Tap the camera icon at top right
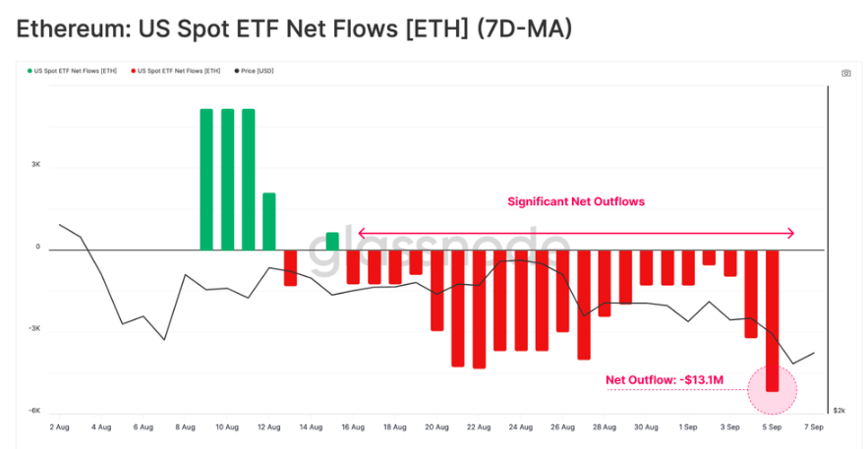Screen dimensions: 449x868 846,74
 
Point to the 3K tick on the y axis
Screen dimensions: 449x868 34,165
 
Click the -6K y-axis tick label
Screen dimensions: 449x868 33,411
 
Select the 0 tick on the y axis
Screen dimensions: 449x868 37,248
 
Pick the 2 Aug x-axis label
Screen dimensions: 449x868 59,427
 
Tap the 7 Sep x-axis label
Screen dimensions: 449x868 814,427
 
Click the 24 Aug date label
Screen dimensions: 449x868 521,427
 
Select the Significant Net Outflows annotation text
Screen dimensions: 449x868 575,202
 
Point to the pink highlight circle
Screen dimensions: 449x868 772,390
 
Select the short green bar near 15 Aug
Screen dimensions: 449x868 332,241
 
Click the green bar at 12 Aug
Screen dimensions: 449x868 269,221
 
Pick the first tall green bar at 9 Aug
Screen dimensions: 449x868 206,179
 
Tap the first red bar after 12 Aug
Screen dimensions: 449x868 290,267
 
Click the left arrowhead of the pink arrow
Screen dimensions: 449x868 361,233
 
